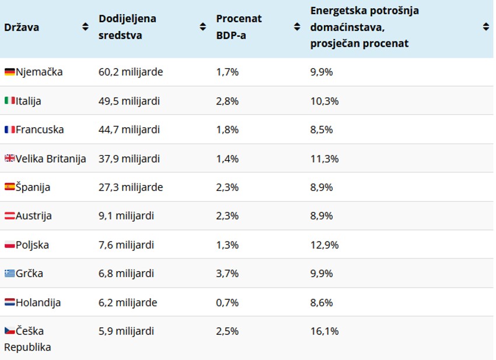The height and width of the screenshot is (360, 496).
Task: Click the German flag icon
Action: click(x=9, y=72)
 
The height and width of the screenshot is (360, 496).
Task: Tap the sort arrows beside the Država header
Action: click(x=85, y=27)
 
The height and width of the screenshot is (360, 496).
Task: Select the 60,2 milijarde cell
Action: click(x=131, y=72)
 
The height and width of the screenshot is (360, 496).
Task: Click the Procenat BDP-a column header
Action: click(x=239, y=27)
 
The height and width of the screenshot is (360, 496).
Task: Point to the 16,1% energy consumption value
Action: click(x=324, y=331)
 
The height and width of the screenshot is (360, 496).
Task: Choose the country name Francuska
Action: click(x=40, y=130)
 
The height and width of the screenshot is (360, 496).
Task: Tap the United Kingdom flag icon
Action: click(x=9, y=159)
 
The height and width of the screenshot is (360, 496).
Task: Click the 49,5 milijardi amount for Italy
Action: click(x=129, y=101)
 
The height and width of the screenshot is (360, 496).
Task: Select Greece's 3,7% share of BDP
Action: click(x=227, y=274)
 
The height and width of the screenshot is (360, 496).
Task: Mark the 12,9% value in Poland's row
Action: click(x=324, y=245)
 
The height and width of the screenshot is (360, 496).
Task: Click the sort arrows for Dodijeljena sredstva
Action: click(x=202, y=27)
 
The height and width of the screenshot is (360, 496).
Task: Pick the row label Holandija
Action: click(x=39, y=303)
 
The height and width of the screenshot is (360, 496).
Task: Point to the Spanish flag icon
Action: click(x=9, y=187)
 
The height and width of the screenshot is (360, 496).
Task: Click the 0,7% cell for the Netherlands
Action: click(x=227, y=303)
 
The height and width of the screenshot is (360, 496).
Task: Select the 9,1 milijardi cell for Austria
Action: click(x=126, y=216)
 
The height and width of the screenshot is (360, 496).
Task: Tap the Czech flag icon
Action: click(x=9, y=331)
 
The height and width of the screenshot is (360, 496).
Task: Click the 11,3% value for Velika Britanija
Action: click(x=324, y=159)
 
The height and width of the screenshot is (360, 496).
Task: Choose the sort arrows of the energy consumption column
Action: click(x=485, y=27)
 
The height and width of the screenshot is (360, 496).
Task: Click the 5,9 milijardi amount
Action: click(x=126, y=331)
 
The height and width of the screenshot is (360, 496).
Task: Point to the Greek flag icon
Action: click(x=9, y=274)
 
